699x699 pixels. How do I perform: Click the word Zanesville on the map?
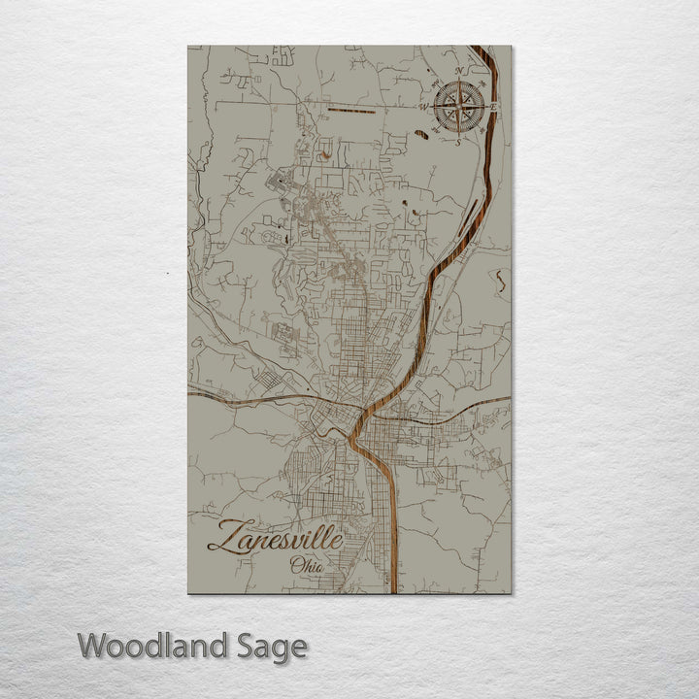click(x=275, y=537)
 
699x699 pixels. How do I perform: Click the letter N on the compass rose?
click(x=457, y=71)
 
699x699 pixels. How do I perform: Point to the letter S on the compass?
click(x=458, y=143)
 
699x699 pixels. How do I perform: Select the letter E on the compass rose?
click(x=494, y=105)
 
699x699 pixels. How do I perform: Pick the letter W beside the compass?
click(x=423, y=107)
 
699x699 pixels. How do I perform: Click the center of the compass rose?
click(x=458, y=106)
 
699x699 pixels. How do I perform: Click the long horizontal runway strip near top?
click(x=351, y=111)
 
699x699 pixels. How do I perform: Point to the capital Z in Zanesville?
click(x=222, y=537)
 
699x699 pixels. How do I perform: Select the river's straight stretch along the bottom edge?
click(x=393, y=544)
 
